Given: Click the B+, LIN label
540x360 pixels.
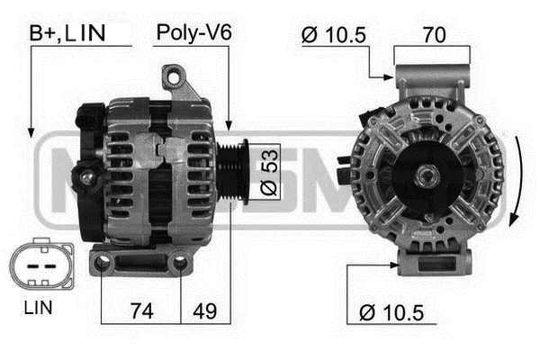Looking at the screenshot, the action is (x=67, y=33).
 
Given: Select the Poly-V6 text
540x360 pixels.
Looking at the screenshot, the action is (x=193, y=32).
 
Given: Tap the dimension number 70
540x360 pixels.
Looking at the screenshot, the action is (x=435, y=34).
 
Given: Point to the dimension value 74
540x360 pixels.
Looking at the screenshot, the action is (x=142, y=311).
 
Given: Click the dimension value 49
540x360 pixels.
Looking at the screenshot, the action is (x=205, y=311).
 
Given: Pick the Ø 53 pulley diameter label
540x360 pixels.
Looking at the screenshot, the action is (x=268, y=172).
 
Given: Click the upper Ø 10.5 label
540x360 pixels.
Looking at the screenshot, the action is (x=333, y=35).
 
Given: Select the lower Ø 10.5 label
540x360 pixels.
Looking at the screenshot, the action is (x=391, y=313).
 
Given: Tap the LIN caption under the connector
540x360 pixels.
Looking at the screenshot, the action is (x=38, y=308).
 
